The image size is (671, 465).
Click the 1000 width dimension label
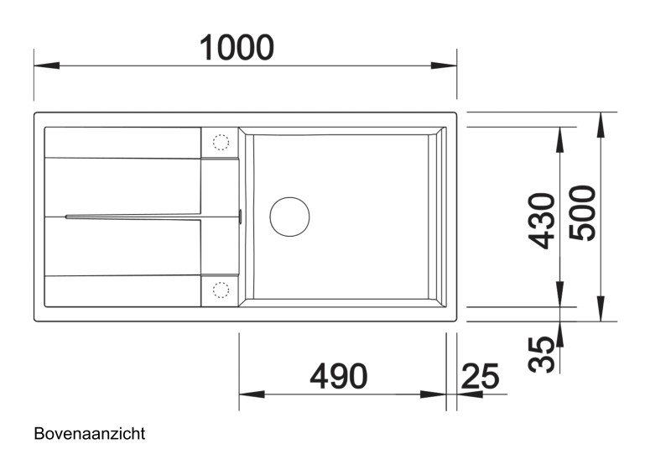coord(237,47)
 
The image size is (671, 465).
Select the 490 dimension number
coord(338,377)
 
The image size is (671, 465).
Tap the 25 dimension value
coord(480,376)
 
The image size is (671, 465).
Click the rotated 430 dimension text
coord(544,221)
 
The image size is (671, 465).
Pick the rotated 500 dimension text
coord(584,213)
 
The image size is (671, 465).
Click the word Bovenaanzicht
coord(90,434)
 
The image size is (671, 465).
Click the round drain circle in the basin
coord(289,216)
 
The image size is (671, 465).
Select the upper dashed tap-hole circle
coord(221,142)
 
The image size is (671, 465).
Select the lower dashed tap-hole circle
coord(221,290)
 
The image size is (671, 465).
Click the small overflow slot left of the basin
coord(240,217)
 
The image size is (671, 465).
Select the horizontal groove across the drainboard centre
coord(134,217)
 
